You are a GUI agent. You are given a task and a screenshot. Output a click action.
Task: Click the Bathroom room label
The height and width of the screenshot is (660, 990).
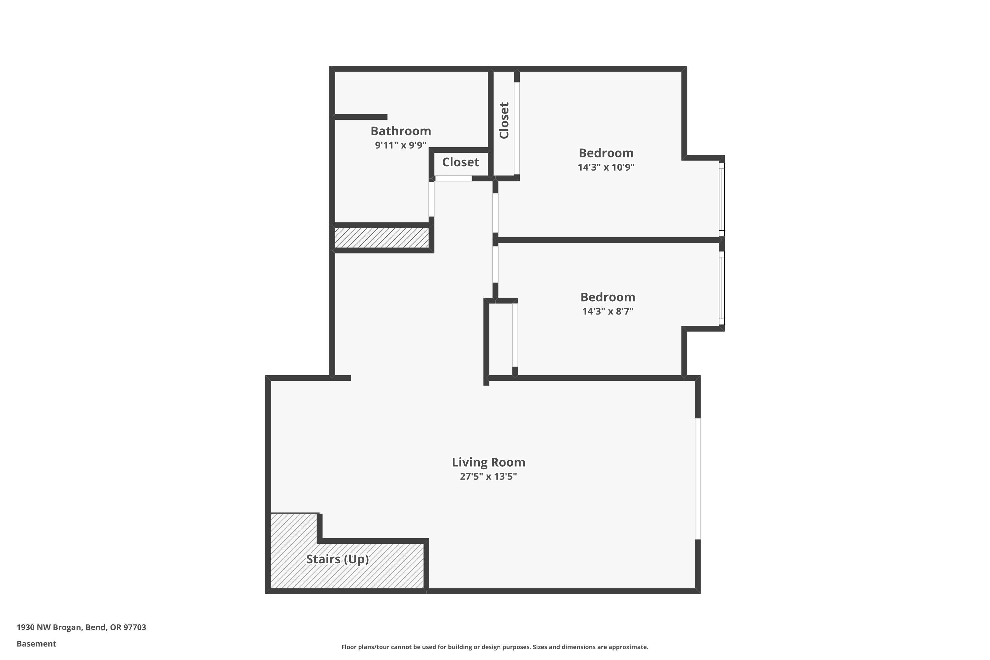pos(400,131)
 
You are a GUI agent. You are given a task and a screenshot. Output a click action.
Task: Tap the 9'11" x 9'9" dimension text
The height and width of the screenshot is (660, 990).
pos(400,145)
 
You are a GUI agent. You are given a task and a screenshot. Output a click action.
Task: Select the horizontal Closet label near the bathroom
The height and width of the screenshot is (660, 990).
pos(460,162)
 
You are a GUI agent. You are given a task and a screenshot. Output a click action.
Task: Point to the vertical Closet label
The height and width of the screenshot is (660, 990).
pos(504,120)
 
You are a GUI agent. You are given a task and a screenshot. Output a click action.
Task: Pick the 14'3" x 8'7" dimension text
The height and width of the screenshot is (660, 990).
pos(608,312)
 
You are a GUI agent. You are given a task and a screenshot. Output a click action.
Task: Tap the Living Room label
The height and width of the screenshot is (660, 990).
pos(488,462)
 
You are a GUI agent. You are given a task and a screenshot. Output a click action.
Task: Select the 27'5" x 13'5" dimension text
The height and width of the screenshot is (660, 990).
pos(488,477)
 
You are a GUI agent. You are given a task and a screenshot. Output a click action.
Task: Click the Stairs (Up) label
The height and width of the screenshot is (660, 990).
pos(337,559)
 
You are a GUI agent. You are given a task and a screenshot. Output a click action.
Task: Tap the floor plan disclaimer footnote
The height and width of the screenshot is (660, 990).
pos(495,647)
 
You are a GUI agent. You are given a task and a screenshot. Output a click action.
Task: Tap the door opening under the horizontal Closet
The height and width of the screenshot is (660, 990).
pos(453,179)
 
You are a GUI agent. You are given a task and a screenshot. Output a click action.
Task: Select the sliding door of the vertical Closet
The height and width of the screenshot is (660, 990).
pos(516,128)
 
